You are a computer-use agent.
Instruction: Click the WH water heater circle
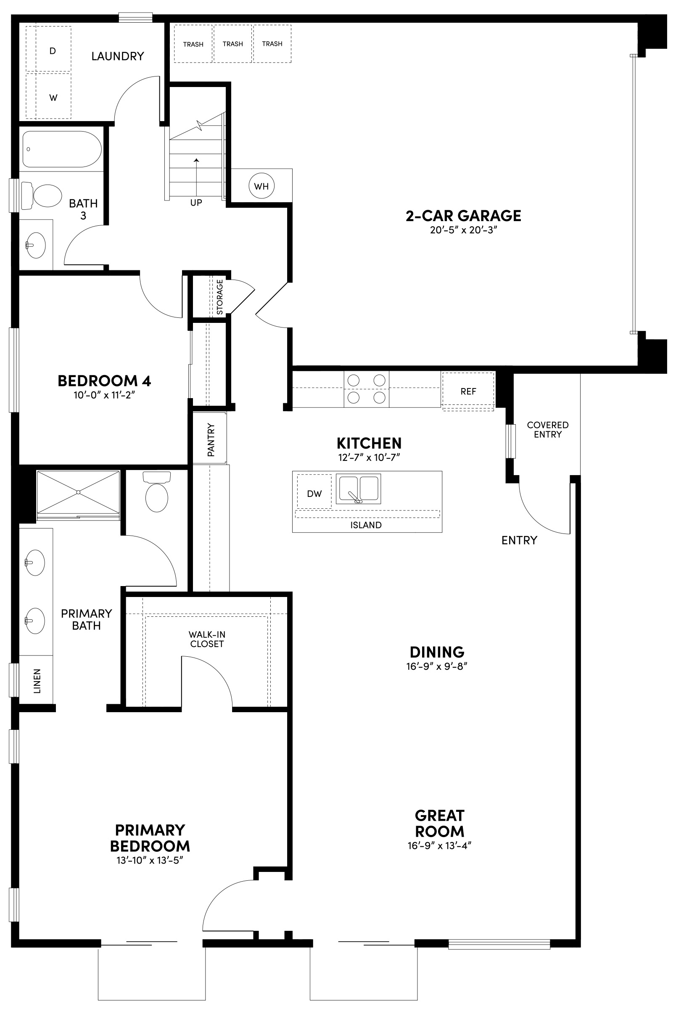[x=261, y=186]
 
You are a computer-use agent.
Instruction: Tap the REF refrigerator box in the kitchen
[x=468, y=391]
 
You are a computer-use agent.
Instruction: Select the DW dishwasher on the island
[x=314, y=494]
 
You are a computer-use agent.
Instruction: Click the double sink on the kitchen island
[x=358, y=489]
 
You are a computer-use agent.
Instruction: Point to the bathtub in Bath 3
[x=62, y=149]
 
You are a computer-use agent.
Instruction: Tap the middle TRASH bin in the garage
[x=233, y=44]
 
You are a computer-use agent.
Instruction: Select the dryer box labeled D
[x=53, y=50]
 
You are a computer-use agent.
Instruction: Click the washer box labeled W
[x=53, y=98]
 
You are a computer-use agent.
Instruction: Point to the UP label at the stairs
[x=196, y=203]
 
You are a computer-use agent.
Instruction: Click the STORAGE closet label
[x=220, y=297]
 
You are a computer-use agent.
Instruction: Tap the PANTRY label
[x=211, y=440]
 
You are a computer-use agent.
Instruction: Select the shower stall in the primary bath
[x=78, y=492]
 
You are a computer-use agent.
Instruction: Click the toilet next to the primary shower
[x=156, y=494]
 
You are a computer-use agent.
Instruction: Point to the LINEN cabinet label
[x=37, y=681]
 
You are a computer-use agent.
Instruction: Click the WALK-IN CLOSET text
[x=207, y=639]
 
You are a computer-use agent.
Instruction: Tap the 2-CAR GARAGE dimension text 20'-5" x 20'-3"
[x=463, y=230]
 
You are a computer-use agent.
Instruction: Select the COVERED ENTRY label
[x=547, y=430]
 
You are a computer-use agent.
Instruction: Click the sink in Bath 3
[x=36, y=245]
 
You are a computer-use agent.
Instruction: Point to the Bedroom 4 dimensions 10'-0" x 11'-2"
[x=104, y=395]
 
